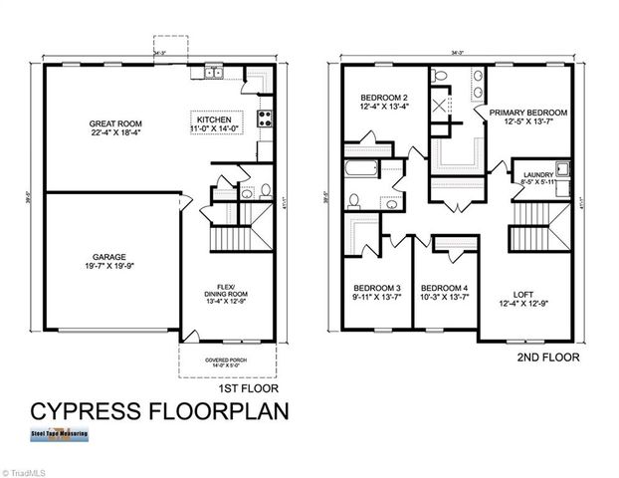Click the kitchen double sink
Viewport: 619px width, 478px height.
coord(213,73)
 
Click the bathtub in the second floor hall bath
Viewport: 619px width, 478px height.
coord(362,170)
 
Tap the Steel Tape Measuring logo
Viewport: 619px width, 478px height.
coord(59,434)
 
